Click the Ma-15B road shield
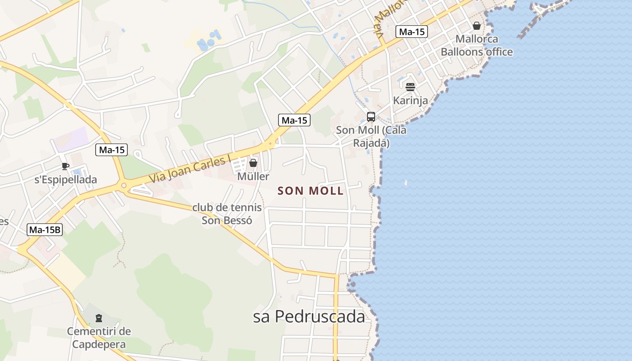(x=45, y=230)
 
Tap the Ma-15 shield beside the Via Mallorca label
(x=412, y=32)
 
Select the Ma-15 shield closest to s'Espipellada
(x=112, y=150)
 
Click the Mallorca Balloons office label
(x=477, y=46)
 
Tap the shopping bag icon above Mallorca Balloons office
(x=476, y=26)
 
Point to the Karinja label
(x=410, y=100)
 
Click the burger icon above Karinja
(x=410, y=87)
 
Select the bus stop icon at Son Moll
(x=371, y=117)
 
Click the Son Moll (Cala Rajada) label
(x=371, y=136)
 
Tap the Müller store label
(x=253, y=176)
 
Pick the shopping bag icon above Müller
(x=253, y=162)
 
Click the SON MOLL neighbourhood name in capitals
(x=311, y=191)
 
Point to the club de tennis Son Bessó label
(x=227, y=214)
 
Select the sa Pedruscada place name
(x=309, y=317)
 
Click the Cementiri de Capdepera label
(x=99, y=338)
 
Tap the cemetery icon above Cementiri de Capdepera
(x=99, y=318)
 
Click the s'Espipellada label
(x=66, y=180)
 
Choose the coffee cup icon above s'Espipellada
(x=65, y=166)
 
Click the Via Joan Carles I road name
(x=190, y=169)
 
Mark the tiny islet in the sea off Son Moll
(x=405, y=183)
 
